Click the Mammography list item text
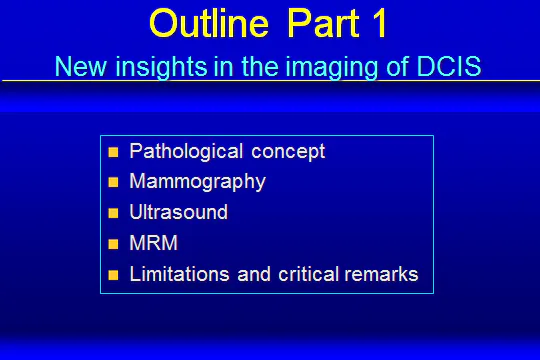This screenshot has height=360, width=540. coord(197,182)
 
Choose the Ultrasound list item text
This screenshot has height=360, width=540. coord(179,212)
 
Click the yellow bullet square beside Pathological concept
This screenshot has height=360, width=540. coord(113,153)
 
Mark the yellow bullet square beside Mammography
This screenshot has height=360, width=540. coord(113,183)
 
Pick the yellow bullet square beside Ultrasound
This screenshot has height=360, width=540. coord(113,213)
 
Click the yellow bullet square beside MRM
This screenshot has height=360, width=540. coord(113,244)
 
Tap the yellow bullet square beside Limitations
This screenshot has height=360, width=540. coord(113,274)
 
